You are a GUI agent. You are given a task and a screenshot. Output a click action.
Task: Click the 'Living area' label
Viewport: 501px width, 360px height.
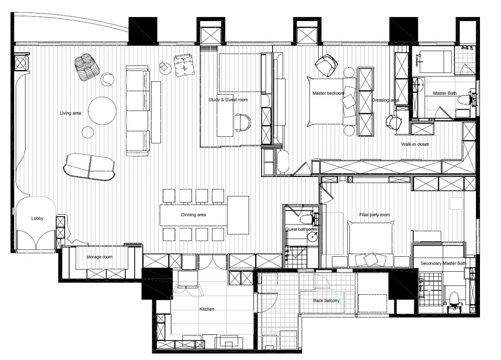pyautogui.click(x=70, y=113)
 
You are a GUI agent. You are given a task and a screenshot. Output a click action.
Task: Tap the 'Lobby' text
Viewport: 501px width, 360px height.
pyautogui.click(x=37, y=219)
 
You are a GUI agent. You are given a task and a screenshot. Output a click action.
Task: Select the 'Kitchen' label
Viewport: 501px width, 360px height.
pyautogui.click(x=207, y=309)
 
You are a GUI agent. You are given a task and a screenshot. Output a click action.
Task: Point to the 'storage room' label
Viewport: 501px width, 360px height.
pyautogui.click(x=99, y=257)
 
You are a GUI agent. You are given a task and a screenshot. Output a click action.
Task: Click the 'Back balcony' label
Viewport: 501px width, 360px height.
pyautogui.click(x=326, y=300)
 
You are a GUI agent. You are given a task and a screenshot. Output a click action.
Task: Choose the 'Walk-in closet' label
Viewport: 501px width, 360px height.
pyautogui.click(x=415, y=144)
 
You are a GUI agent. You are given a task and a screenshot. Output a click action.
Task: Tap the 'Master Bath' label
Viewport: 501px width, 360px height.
pyautogui.click(x=445, y=93)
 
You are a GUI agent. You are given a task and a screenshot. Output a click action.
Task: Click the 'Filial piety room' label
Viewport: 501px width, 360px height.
pyautogui.click(x=374, y=215)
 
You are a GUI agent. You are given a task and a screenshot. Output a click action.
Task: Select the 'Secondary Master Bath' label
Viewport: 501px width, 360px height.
pyautogui.click(x=443, y=263)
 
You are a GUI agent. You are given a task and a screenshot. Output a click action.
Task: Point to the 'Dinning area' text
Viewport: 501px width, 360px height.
pyautogui.click(x=193, y=215)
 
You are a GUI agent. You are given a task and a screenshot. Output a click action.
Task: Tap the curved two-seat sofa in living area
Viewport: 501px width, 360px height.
pyautogui.click(x=89, y=166)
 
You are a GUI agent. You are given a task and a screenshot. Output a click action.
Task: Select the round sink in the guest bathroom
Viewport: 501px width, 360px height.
pyautogui.click(x=312, y=237)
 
